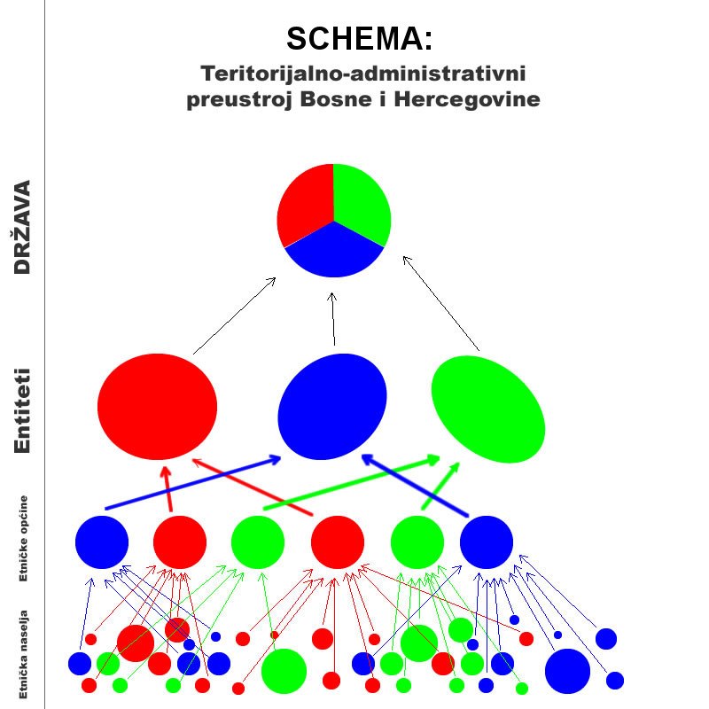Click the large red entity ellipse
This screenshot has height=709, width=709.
click(157, 407)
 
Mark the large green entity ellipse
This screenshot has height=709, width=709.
click(488, 409)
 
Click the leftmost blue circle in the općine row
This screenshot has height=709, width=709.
click(102, 541)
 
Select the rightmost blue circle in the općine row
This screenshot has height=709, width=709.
click(487, 541)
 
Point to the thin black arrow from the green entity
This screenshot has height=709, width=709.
click(440, 302)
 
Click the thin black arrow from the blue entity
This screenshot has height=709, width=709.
click(333, 319)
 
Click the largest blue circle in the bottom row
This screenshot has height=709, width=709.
click(567, 671)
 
